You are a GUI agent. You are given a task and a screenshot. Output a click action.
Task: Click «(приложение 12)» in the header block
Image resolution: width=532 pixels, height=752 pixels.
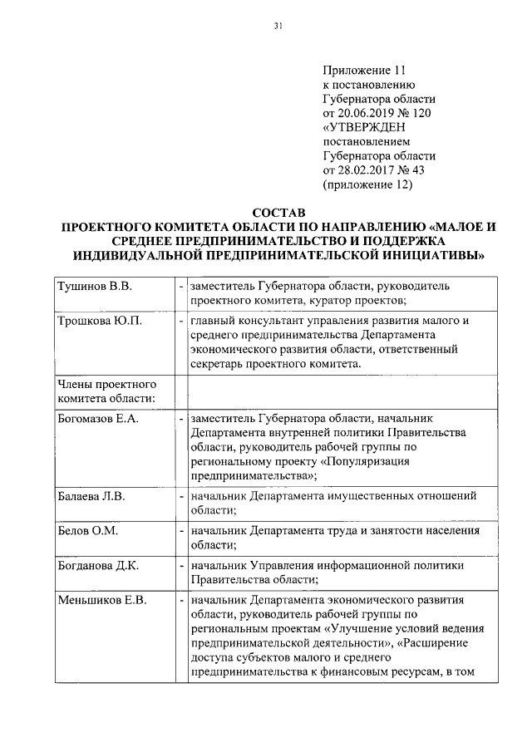coord(367,184)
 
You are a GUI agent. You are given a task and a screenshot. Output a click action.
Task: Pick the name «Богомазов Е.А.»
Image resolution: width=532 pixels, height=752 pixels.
coord(96,418)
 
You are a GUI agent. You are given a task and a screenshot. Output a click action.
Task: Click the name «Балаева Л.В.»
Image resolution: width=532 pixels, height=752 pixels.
coord(91,496)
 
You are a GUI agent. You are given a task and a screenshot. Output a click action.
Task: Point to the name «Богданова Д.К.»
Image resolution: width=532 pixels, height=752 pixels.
coord(97,566)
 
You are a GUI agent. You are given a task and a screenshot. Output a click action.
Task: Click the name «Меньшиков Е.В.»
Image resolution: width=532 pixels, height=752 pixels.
coord(101,600)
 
